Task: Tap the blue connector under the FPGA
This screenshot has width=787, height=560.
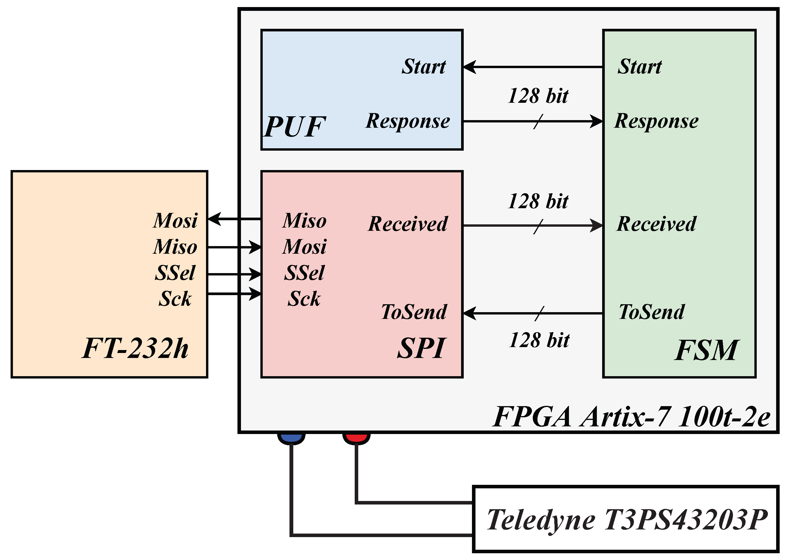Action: point(291,438)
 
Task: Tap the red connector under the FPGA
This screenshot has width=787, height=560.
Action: point(356,438)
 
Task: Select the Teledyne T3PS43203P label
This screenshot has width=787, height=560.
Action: point(627,520)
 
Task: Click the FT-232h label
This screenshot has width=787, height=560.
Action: point(135,348)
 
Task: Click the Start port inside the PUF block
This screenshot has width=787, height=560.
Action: point(424,67)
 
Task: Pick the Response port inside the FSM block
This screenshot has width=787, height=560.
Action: point(656,121)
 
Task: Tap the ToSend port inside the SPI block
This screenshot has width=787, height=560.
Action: point(414,312)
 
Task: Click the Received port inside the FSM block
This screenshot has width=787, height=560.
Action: point(656,224)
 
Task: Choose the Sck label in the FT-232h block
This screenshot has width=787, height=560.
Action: point(175,299)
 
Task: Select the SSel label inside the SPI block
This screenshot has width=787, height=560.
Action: point(304,273)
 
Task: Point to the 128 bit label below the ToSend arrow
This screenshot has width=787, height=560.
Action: point(539,340)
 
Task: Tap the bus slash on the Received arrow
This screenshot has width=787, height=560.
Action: point(538,226)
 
